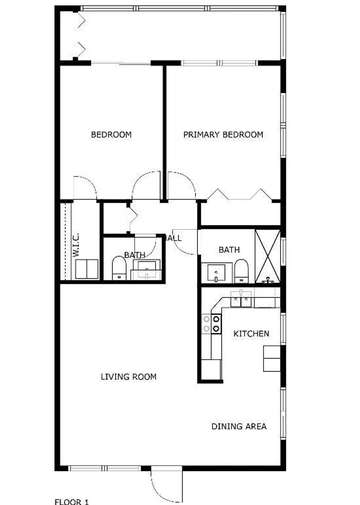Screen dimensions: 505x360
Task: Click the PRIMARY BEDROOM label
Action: click(x=223, y=135)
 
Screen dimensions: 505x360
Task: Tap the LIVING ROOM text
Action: click(x=129, y=377)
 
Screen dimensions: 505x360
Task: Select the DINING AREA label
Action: click(x=239, y=426)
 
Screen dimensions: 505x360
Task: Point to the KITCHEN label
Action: click(x=251, y=334)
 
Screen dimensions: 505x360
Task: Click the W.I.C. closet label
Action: click(x=76, y=245)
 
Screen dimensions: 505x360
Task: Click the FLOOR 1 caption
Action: click(x=72, y=502)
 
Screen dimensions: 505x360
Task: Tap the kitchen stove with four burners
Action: click(x=211, y=324)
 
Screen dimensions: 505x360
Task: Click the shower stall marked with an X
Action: click(x=268, y=256)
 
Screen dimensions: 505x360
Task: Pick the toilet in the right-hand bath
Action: click(x=241, y=271)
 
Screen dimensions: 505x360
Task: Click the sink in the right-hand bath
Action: click(x=216, y=273)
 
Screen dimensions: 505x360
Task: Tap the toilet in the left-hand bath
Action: click(x=119, y=268)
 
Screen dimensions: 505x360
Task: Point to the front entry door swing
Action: click(x=166, y=485)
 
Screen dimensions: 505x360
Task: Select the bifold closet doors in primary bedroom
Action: click(x=239, y=195)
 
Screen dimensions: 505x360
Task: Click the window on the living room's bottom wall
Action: click(x=104, y=468)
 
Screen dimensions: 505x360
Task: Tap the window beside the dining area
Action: click(x=283, y=414)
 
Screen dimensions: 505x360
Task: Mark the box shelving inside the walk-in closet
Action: click(x=87, y=269)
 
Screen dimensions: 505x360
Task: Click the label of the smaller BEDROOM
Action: click(x=111, y=135)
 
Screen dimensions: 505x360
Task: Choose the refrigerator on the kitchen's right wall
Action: click(x=272, y=359)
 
